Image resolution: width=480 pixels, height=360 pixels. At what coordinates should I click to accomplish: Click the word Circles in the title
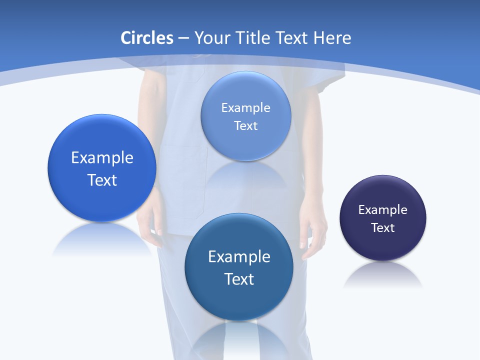click(147, 38)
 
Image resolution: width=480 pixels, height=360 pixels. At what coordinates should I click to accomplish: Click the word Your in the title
click(213, 38)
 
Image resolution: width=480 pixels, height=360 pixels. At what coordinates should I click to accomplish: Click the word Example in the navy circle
click(383, 210)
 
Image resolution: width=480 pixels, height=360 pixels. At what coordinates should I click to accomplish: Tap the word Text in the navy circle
click(383, 228)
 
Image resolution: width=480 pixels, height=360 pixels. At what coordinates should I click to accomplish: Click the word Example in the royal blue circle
click(102, 158)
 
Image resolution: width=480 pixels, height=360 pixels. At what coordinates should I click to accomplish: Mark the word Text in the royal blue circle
click(102, 180)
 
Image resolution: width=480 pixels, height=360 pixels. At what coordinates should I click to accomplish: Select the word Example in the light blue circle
click(246, 108)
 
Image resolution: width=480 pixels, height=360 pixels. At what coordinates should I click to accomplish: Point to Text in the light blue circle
click(246, 126)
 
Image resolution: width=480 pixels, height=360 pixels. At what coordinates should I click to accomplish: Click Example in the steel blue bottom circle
click(239, 257)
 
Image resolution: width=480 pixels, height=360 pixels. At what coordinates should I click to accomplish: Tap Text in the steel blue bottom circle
click(239, 279)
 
